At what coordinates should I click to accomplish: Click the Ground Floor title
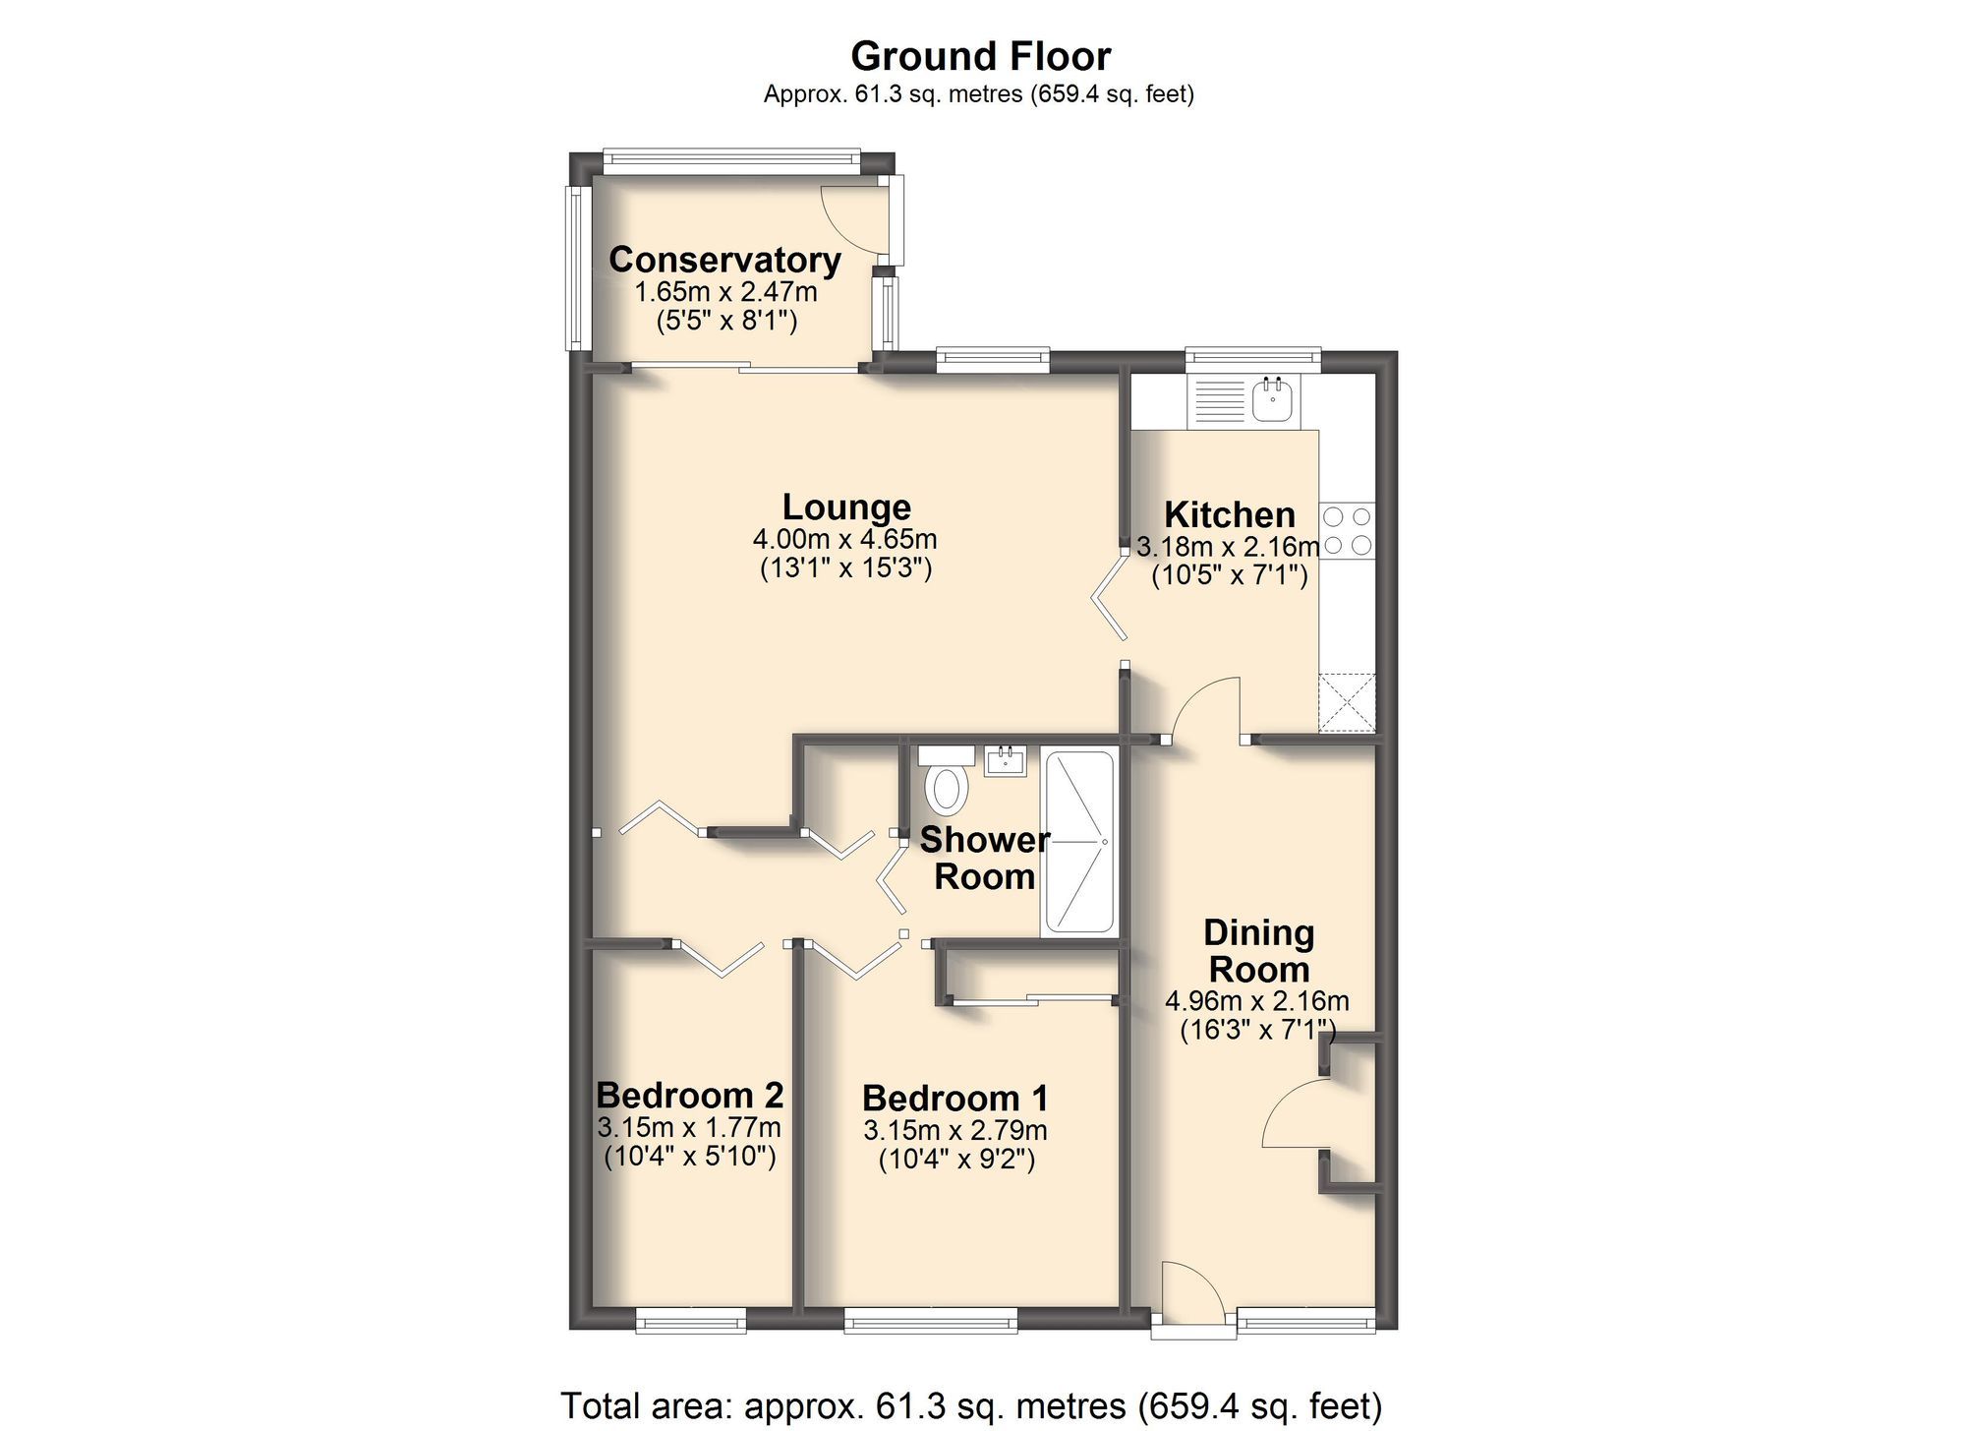[980, 57]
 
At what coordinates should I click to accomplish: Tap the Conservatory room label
[724, 260]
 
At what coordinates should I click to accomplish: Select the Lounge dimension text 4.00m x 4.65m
[844, 539]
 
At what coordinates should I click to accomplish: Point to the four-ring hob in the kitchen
[1347, 530]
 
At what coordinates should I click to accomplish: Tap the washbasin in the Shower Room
[1006, 760]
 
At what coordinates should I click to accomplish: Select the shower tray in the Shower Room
[1078, 842]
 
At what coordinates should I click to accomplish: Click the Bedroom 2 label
[689, 1095]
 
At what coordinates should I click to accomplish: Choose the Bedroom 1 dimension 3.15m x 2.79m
[954, 1130]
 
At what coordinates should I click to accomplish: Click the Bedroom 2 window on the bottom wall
[690, 1320]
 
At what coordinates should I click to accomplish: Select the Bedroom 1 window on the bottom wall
[930, 1320]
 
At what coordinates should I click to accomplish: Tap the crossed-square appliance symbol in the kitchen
[1347, 702]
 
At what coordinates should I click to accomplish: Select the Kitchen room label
[1229, 514]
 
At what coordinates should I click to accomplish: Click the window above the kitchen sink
[1252, 360]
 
